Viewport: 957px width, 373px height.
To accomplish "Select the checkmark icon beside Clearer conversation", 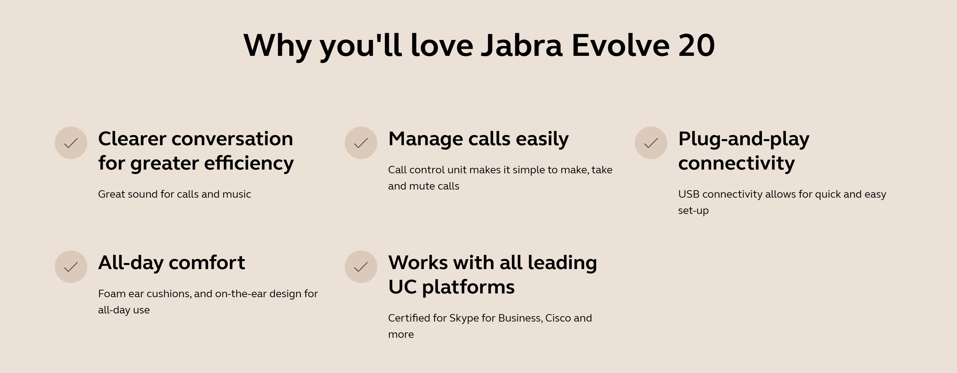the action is (x=71, y=143).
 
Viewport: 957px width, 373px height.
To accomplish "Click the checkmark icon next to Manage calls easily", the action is (x=361, y=143).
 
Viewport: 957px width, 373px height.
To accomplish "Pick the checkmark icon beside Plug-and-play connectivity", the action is (x=651, y=143).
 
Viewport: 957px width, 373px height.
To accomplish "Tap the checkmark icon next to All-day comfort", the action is (x=71, y=267).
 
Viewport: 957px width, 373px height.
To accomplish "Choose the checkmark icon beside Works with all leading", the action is (x=361, y=267).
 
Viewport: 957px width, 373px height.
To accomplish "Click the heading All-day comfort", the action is (x=172, y=263).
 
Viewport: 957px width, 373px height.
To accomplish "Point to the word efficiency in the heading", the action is (x=249, y=163).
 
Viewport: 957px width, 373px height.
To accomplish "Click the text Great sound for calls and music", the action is (x=175, y=194).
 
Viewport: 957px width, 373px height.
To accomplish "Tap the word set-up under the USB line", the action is (x=693, y=211).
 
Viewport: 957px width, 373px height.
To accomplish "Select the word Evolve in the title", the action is (x=620, y=45).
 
